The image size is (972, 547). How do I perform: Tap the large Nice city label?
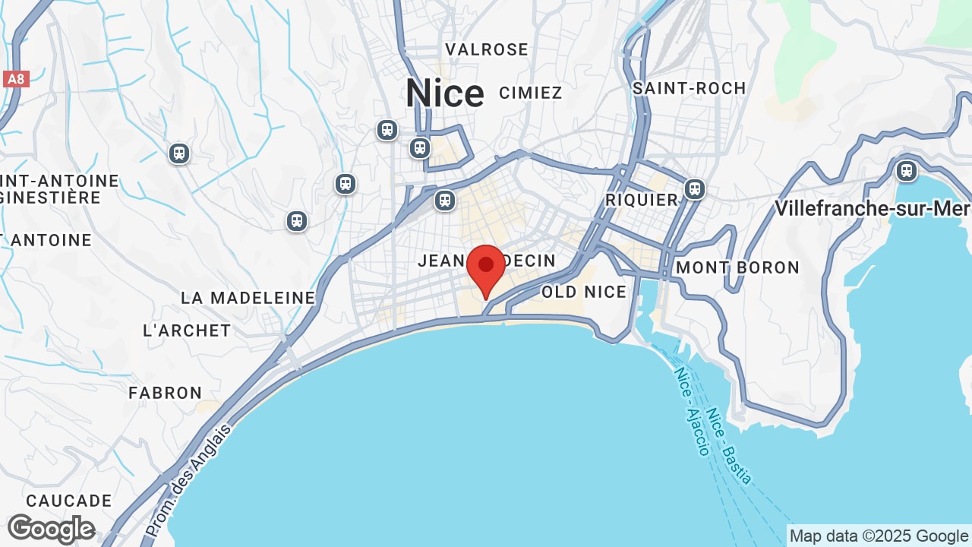(x=444, y=94)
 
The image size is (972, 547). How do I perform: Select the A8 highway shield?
(x=16, y=79)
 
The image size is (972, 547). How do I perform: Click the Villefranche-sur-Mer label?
(x=873, y=208)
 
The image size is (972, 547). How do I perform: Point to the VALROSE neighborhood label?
(x=487, y=50)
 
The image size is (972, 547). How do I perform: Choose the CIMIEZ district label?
(x=531, y=93)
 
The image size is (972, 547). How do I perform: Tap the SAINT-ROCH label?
(x=690, y=89)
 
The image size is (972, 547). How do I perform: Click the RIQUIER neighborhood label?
(x=642, y=200)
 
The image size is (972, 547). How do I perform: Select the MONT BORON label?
(x=737, y=267)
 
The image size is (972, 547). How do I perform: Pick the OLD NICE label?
(x=584, y=292)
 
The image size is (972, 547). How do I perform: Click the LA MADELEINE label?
(x=248, y=298)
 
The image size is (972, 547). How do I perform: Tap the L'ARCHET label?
(x=187, y=330)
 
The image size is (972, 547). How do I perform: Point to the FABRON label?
(x=166, y=393)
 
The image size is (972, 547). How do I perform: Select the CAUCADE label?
(x=69, y=501)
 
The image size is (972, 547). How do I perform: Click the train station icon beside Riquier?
(x=695, y=189)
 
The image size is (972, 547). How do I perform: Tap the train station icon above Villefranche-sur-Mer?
(x=906, y=170)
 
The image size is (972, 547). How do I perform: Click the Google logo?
(x=51, y=529)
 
